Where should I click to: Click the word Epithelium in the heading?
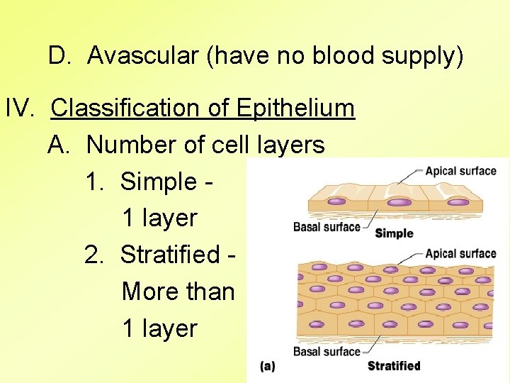click(x=295, y=108)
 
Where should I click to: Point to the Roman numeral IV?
click(x=21, y=108)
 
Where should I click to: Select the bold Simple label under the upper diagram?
click(x=394, y=233)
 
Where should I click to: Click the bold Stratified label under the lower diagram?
click(x=394, y=366)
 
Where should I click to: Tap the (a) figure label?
click(x=268, y=366)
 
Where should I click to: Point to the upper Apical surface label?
click(x=460, y=171)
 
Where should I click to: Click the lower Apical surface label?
click(x=460, y=254)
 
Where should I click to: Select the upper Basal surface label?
click(x=327, y=227)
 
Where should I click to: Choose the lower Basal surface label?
click(x=327, y=351)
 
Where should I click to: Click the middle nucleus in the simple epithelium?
click(x=400, y=202)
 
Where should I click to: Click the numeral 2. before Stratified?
click(x=93, y=254)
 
